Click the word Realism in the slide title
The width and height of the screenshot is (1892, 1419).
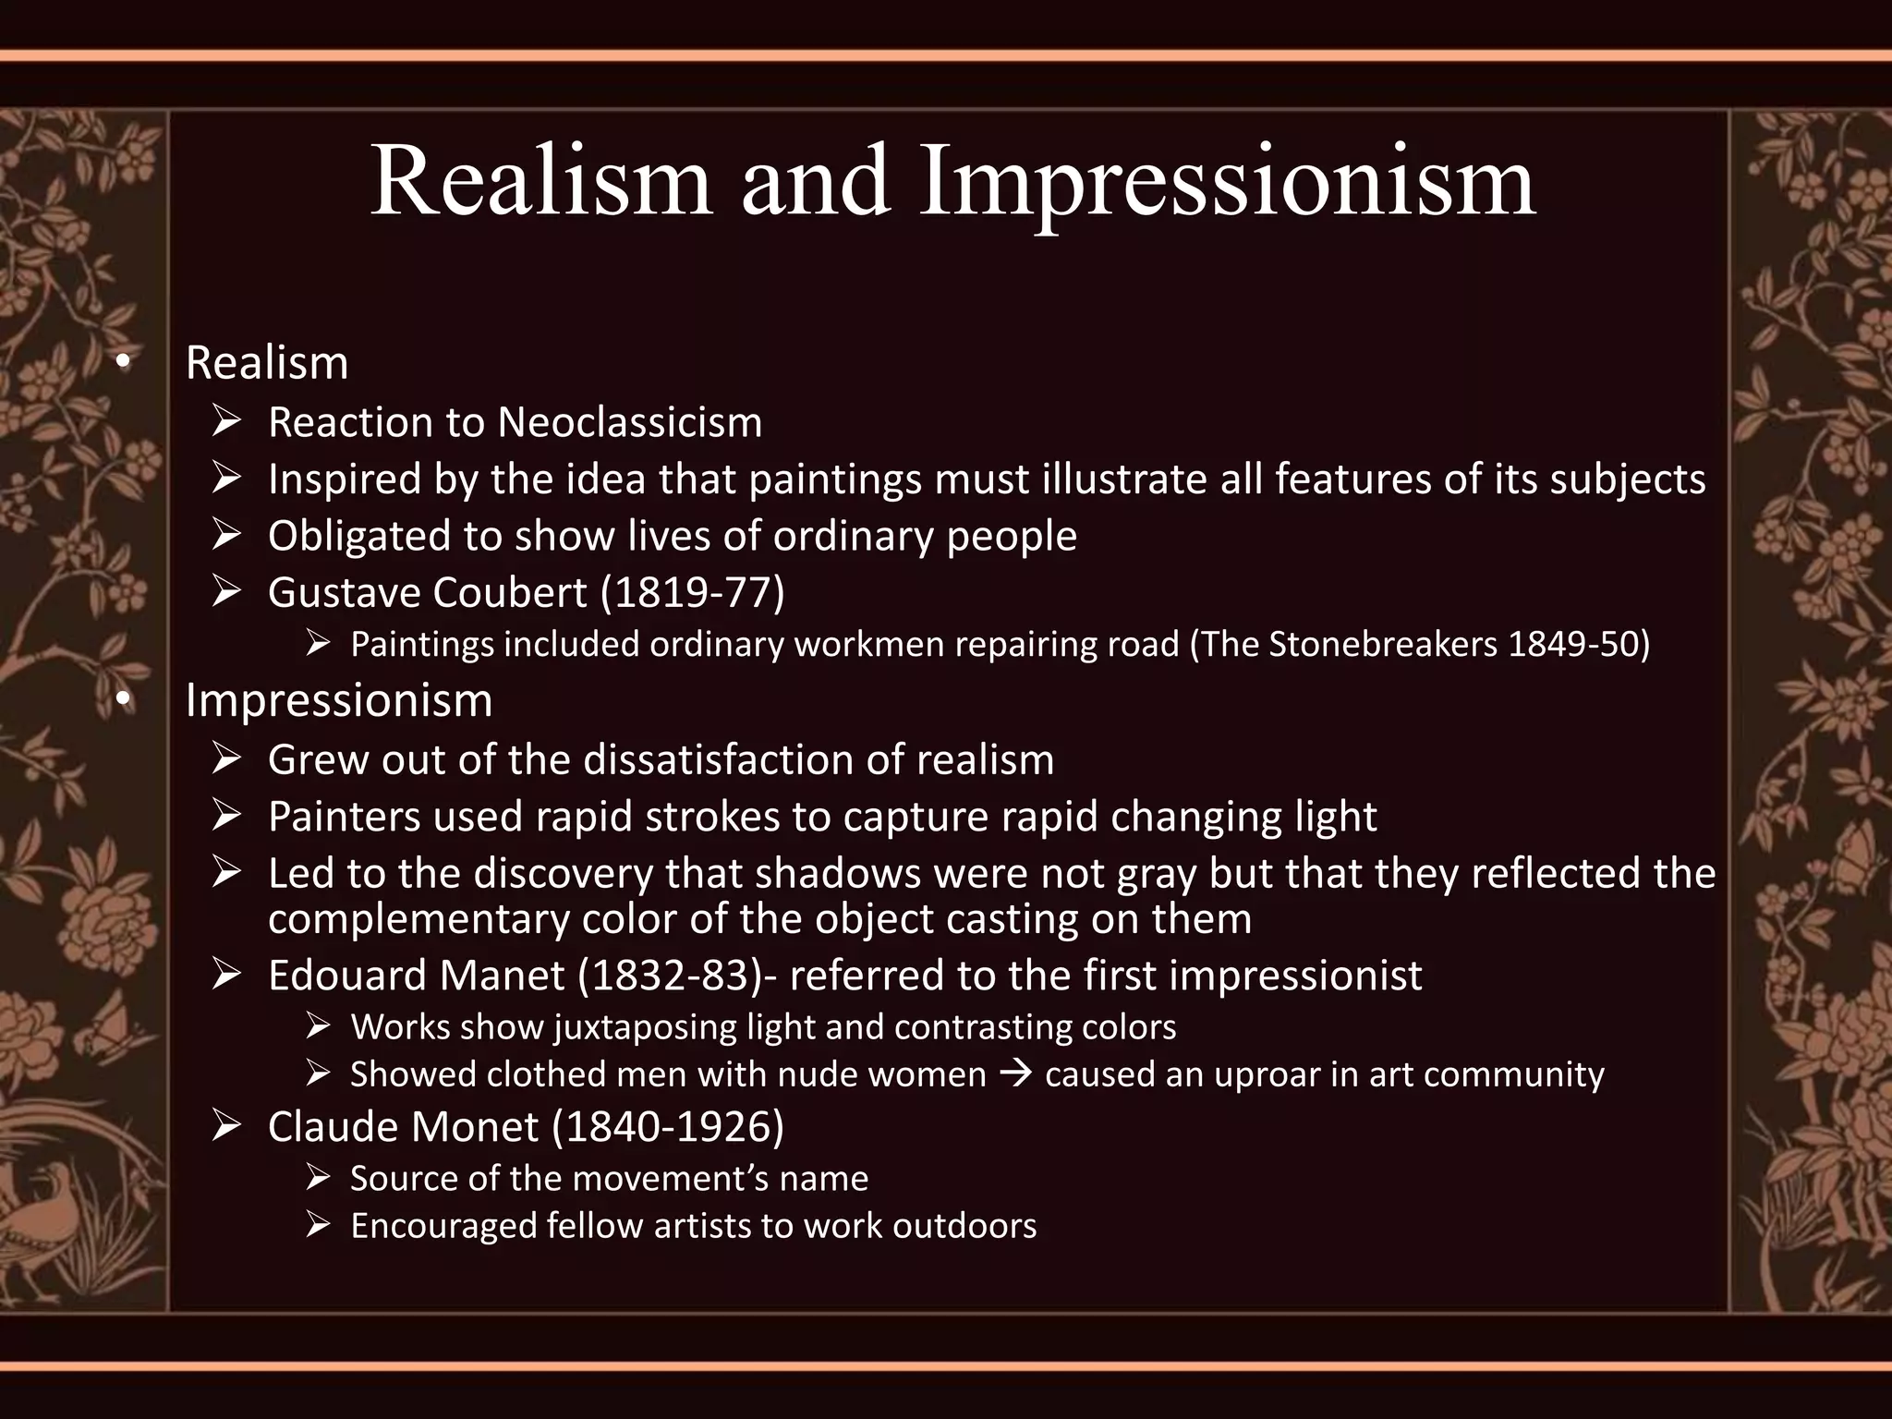click(x=540, y=181)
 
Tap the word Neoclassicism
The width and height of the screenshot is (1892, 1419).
click(x=630, y=423)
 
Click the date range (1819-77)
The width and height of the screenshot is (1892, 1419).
click(x=693, y=592)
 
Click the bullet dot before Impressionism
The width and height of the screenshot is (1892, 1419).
click(x=122, y=702)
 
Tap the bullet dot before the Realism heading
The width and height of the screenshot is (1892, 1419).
click(x=122, y=365)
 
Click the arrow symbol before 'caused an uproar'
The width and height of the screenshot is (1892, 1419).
click(x=1016, y=1074)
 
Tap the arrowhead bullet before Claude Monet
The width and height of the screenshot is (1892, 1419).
click(x=225, y=1126)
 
